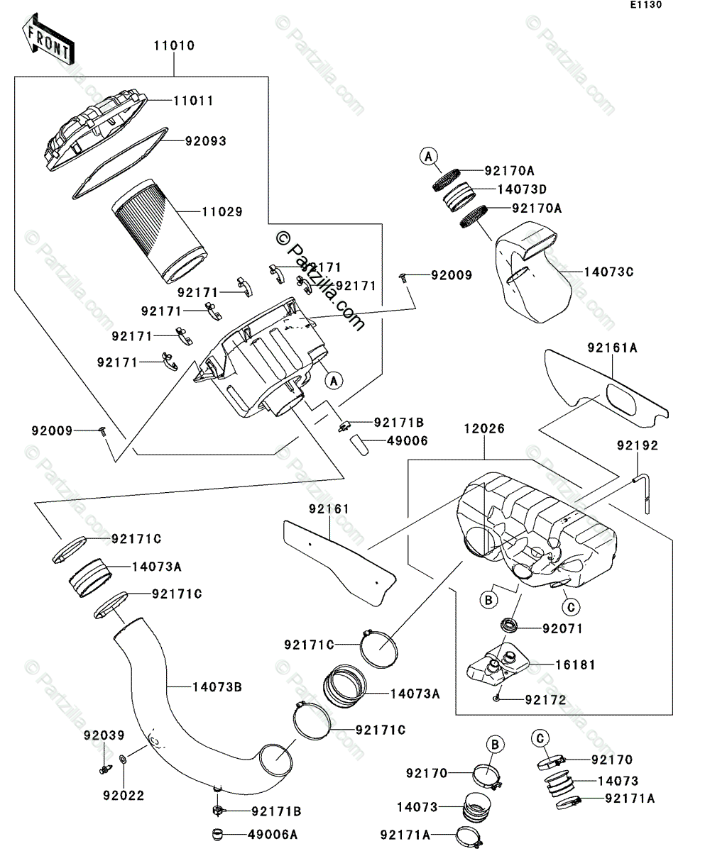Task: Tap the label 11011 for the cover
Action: pyautogui.click(x=193, y=101)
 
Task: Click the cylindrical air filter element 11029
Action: pyautogui.click(x=160, y=230)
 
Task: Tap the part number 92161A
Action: pyautogui.click(x=612, y=347)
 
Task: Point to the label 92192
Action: pyautogui.click(x=637, y=446)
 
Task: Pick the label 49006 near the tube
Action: pyautogui.click(x=407, y=440)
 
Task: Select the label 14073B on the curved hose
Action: pyautogui.click(x=217, y=686)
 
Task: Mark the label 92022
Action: pyautogui.click(x=122, y=796)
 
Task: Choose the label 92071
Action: pyautogui.click(x=562, y=628)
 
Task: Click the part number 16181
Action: pyautogui.click(x=576, y=665)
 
